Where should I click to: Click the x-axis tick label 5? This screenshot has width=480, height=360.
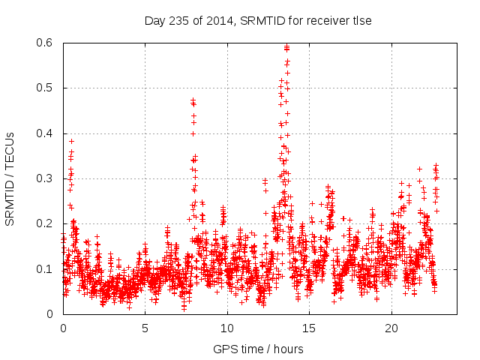click(x=145, y=328)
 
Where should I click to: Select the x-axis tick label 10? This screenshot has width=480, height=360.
click(x=227, y=328)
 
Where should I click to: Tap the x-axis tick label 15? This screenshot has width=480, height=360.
click(x=309, y=328)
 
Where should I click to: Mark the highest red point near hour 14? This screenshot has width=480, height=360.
click(x=287, y=47)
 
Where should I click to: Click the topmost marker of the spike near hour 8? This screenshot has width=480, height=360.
click(x=193, y=100)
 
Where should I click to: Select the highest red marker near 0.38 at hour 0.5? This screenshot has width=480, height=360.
click(x=72, y=141)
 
